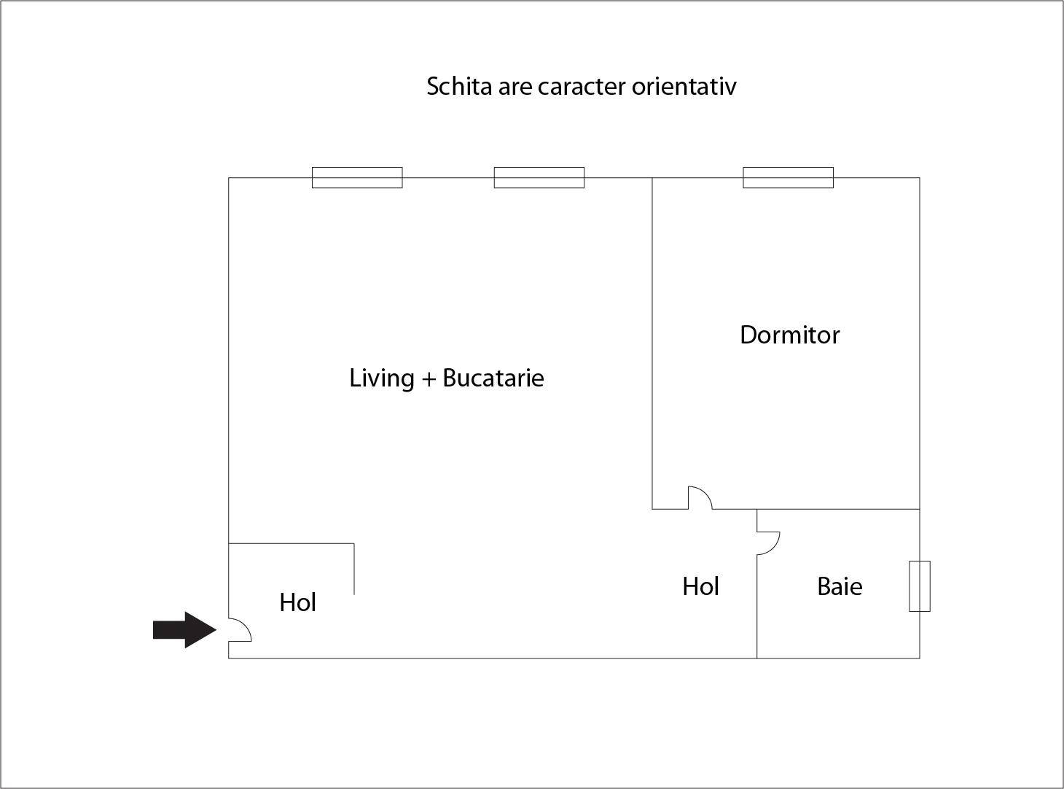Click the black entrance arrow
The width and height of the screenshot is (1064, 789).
[184, 629]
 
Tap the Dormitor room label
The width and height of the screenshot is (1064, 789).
[789, 335]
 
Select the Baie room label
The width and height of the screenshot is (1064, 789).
[840, 586]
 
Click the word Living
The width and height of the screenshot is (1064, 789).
[381, 378]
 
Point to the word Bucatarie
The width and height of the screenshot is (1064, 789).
[493, 378]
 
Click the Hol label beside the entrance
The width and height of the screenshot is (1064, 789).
[297, 602]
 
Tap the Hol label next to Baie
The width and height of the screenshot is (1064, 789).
[700, 586]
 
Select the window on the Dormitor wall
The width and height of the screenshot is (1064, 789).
[789, 178]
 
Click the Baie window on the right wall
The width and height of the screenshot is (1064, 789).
[920, 586]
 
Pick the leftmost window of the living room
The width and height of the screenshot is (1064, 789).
[357, 178]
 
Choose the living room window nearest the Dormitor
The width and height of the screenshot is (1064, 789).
[539, 178]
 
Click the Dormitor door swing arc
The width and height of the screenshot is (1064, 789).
[705, 492]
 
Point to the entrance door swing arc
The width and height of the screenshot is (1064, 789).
[245, 624]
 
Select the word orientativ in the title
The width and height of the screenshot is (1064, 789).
[684, 87]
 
